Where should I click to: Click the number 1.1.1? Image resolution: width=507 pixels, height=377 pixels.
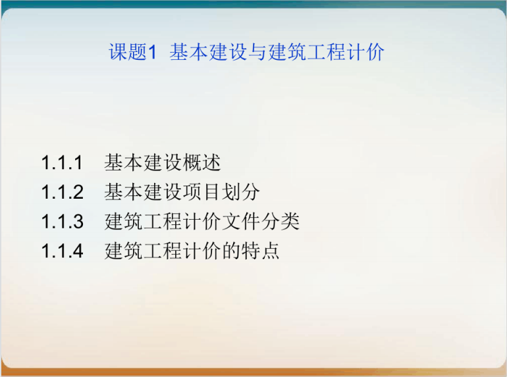pos(62,163)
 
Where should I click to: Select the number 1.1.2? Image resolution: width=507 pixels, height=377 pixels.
pos(63,192)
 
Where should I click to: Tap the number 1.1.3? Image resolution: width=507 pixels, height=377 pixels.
pos(63,222)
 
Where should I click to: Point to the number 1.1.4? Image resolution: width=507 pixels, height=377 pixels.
pos(63,251)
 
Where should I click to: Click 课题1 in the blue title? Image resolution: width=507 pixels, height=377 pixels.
pos(132,52)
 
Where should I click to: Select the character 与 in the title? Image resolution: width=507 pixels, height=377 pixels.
pos(257,52)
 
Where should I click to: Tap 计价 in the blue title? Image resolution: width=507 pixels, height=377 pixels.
pos(365,52)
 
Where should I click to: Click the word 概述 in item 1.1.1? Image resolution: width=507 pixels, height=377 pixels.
pos(201,163)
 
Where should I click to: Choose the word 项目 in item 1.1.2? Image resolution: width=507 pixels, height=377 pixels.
pos(201,192)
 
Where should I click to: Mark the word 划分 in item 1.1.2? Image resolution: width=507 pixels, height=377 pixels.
pos(240,192)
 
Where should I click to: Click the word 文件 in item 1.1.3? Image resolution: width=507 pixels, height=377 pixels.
pos(241,222)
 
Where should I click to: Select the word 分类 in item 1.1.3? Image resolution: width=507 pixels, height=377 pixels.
pos(280,222)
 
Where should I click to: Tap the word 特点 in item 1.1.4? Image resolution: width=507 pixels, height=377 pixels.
pos(261,251)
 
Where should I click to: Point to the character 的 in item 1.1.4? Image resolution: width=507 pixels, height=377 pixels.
pos(232,251)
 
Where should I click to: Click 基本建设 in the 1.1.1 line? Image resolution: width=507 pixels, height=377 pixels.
pos(143,163)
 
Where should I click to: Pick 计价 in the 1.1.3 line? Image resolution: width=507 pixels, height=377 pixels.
pos(202,222)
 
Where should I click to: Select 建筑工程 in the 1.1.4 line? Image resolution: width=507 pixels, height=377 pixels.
pos(144,251)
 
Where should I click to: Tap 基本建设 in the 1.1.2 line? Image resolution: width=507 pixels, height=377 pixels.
pos(143,192)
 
